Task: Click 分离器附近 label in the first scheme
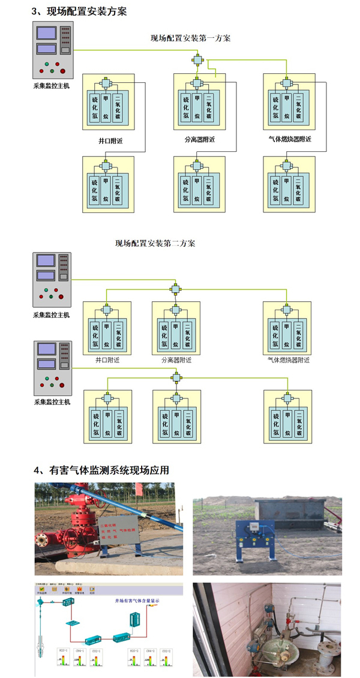click(200, 140)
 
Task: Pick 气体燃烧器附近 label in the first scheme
click(290, 140)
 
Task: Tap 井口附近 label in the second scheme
click(108, 361)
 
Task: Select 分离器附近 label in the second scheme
click(176, 361)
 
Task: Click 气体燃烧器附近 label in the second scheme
click(289, 361)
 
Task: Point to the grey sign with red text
click(140, 528)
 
